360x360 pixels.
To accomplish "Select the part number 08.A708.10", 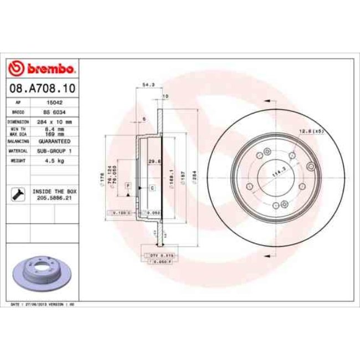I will coord(42,88).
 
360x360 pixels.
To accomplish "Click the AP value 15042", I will coord(53,102).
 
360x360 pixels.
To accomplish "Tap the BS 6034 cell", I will coord(53,111).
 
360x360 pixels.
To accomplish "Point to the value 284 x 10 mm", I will coord(53,120).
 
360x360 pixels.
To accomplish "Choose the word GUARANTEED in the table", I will coord(53,141).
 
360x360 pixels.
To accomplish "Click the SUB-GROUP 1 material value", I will coord(53,150).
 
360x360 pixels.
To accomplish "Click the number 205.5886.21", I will coord(54,197).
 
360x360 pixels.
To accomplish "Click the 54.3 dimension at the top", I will coord(148,85).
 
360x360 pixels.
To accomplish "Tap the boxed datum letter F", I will coord(128,184).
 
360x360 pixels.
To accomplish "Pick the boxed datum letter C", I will coord(151,188).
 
